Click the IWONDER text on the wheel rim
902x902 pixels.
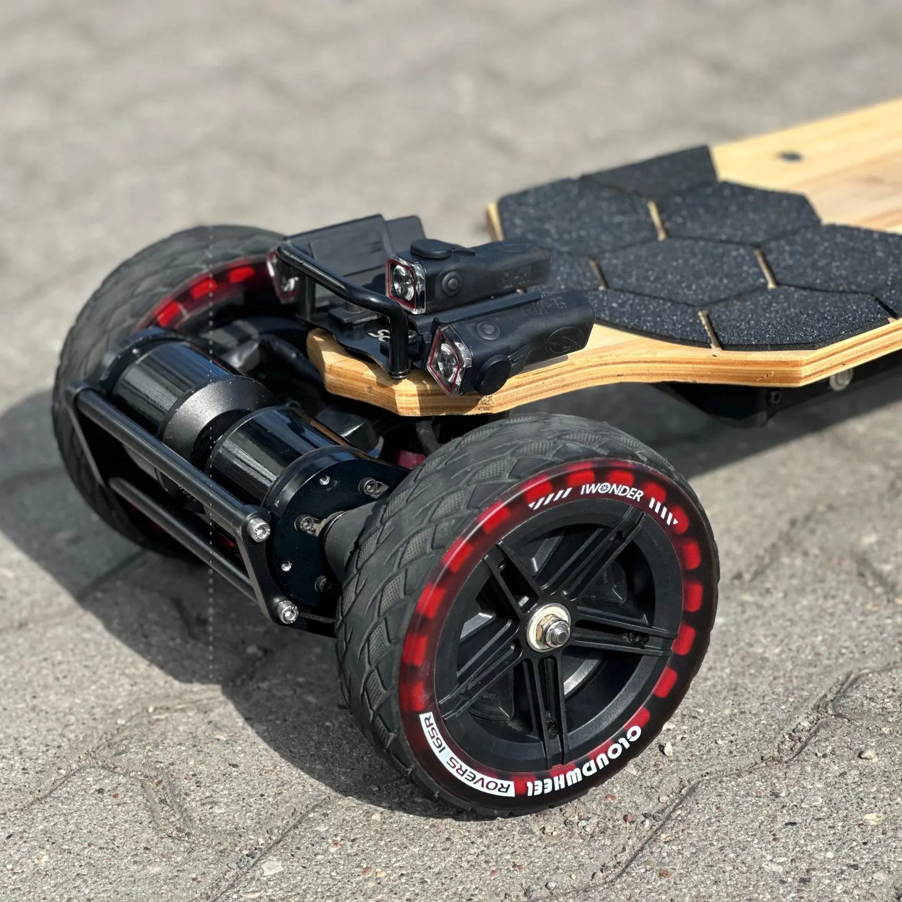[x=612, y=493]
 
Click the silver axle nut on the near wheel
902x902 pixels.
[x=549, y=627]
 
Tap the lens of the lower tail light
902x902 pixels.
[x=448, y=361]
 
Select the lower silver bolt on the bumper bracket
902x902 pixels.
[x=287, y=612]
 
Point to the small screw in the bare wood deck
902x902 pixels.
[x=791, y=156]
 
